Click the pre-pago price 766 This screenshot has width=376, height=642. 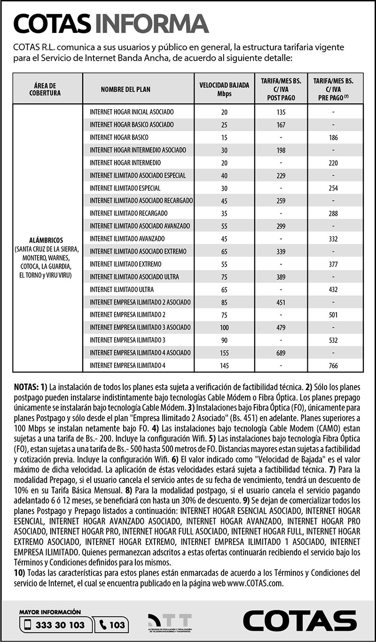point(333,365)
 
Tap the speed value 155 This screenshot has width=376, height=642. point(224,352)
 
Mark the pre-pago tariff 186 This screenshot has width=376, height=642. point(333,137)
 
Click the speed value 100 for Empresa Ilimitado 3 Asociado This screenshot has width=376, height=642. point(224,327)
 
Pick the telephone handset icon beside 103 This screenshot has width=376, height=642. point(103,625)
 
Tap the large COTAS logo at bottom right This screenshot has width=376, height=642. point(299,621)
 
